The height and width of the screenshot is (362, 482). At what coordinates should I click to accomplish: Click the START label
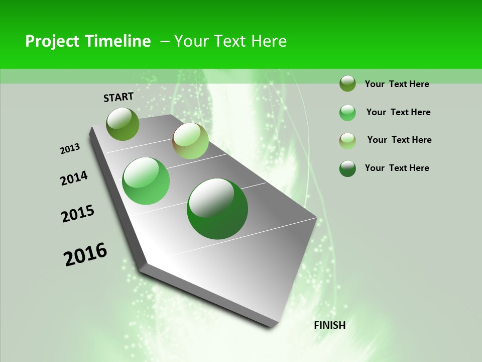[x=118, y=97]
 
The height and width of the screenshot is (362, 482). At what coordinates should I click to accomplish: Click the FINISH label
[x=329, y=325]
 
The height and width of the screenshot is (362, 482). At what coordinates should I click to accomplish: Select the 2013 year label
[x=70, y=149]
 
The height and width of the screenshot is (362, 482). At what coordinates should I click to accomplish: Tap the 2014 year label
[x=74, y=178]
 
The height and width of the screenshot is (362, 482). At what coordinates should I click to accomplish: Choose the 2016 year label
[x=85, y=254]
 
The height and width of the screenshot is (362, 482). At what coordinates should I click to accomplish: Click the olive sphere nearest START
[x=123, y=124]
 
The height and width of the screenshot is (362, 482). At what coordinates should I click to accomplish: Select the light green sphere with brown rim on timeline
[x=190, y=141]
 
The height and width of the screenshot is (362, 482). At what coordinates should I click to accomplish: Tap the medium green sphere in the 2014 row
[x=146, y=181]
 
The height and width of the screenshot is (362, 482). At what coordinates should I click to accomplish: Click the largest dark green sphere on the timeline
[x=217, y=209]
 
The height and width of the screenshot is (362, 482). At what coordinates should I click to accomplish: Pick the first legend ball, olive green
[x=347, y=83]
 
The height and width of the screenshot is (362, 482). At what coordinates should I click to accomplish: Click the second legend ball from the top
[x=347, y=113]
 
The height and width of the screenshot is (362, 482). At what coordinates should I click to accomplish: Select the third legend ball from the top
[x=347, y=141]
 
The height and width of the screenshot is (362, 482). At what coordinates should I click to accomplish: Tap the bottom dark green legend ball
[x=347, y=168]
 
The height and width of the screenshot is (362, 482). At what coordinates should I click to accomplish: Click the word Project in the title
[x=52, y=41]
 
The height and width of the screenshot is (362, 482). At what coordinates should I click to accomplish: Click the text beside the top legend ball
[x=397, y=84]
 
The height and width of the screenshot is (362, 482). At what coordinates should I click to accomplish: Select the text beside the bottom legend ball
[x=397, y=168]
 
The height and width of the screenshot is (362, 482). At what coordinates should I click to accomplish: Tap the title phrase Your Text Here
[x=230, y=41]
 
